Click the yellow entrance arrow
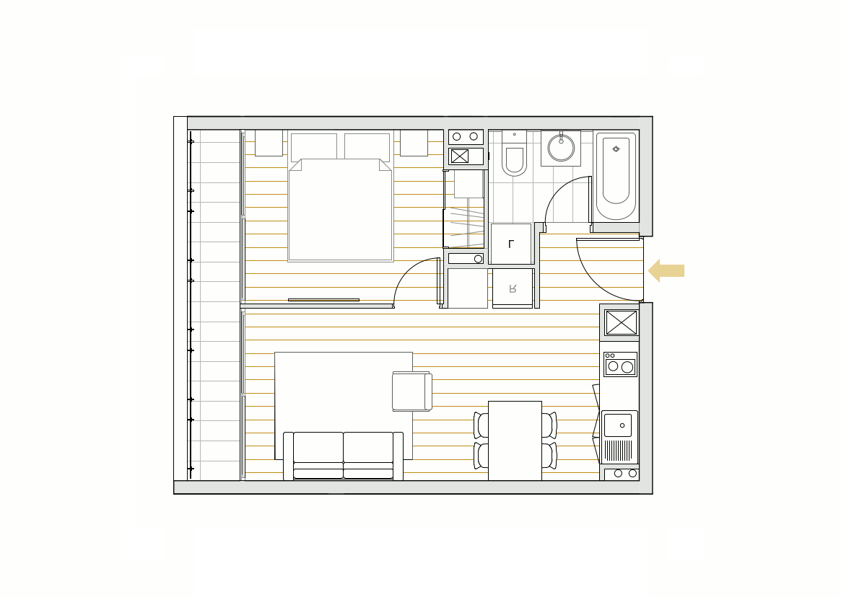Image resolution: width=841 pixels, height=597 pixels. [x=666, y=270]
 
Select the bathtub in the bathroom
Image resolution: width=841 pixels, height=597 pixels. [x=616, y=177]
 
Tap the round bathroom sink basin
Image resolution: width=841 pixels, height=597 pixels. [x=561, y=148]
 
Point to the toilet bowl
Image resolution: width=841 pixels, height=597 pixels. [x=515, y=160]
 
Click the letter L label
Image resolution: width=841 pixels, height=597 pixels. [x=511, y=244]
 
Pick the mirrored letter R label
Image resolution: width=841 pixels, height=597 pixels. [x=513, y=289]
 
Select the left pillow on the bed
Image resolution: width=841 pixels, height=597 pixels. [x=314, y=147]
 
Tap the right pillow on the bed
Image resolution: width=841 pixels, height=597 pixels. [x=367, y=147]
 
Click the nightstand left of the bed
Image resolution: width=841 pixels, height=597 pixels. [x=269, y=143]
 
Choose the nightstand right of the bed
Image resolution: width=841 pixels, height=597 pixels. [x=414, y=143]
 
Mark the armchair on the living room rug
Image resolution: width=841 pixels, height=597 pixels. [x=412, y=392]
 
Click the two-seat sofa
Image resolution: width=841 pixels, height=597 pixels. [x=344, y=456]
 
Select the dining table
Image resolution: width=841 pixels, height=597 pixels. [x=515, y=441]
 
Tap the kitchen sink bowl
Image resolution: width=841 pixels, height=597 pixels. [x=618, y=425]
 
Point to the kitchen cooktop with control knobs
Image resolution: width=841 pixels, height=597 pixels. [x=621, y=364]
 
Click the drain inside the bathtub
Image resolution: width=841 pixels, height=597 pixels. [x=616, y=149]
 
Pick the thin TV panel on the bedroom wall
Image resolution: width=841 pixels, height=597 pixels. [x=323, y=300]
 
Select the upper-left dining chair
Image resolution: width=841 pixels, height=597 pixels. [x=481, y=425]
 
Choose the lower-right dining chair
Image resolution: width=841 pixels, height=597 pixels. [x=549, y=456]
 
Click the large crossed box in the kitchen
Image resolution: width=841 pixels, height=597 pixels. [x=621, y=322]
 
